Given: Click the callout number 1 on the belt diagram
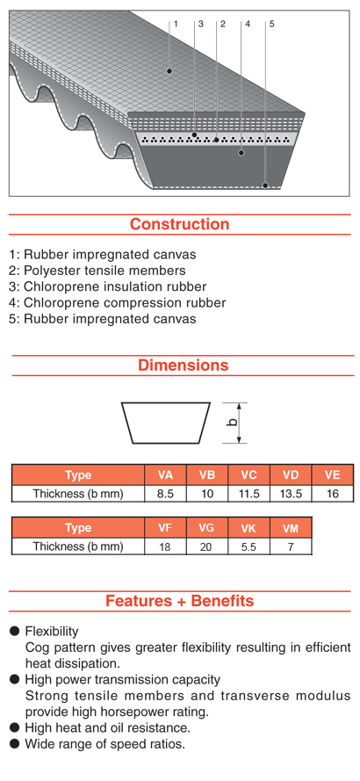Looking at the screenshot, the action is click(x=176, y=24).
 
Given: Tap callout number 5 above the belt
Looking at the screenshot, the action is click(x=271, y=24).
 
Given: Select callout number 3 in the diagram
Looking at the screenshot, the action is click(x=201, y=24).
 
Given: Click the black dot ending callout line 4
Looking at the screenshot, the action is click(x=241, y=152).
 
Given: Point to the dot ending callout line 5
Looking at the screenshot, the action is click(x=265, y=185).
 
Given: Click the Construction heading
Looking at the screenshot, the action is click(x=180, y=224).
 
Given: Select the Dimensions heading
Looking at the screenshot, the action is click(x=184, y=365).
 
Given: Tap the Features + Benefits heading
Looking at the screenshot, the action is click(x=179, y=601).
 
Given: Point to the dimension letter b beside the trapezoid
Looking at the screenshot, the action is click(x=232, y=423).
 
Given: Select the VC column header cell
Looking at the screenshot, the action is click(x=248, y=475).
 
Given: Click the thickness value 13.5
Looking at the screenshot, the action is click(x=291, y=494).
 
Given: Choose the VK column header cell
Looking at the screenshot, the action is click(x=248, y=528).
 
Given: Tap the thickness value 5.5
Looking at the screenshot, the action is click(x=248, y=547).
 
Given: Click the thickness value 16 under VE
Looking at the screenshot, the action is click(x=333, y=494).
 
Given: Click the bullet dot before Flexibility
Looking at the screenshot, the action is click(x=16, y=632).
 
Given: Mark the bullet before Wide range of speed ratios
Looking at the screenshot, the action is click(x=16, y=744).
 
